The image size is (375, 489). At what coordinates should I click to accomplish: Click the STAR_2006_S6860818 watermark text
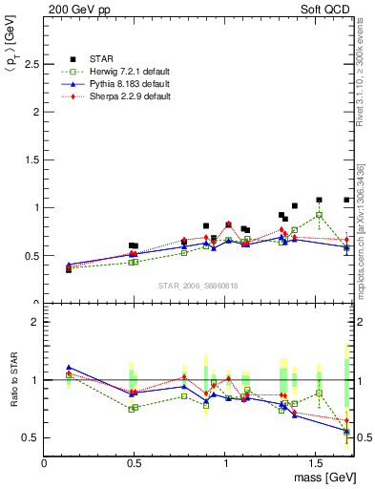(x=198, y=286)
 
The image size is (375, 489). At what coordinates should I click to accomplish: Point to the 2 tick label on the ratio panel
(x=35, y=322)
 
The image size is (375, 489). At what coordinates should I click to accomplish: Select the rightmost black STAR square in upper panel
(x=346, y=200)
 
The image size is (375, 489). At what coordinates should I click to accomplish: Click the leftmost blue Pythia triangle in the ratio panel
(x=69, y=367)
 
